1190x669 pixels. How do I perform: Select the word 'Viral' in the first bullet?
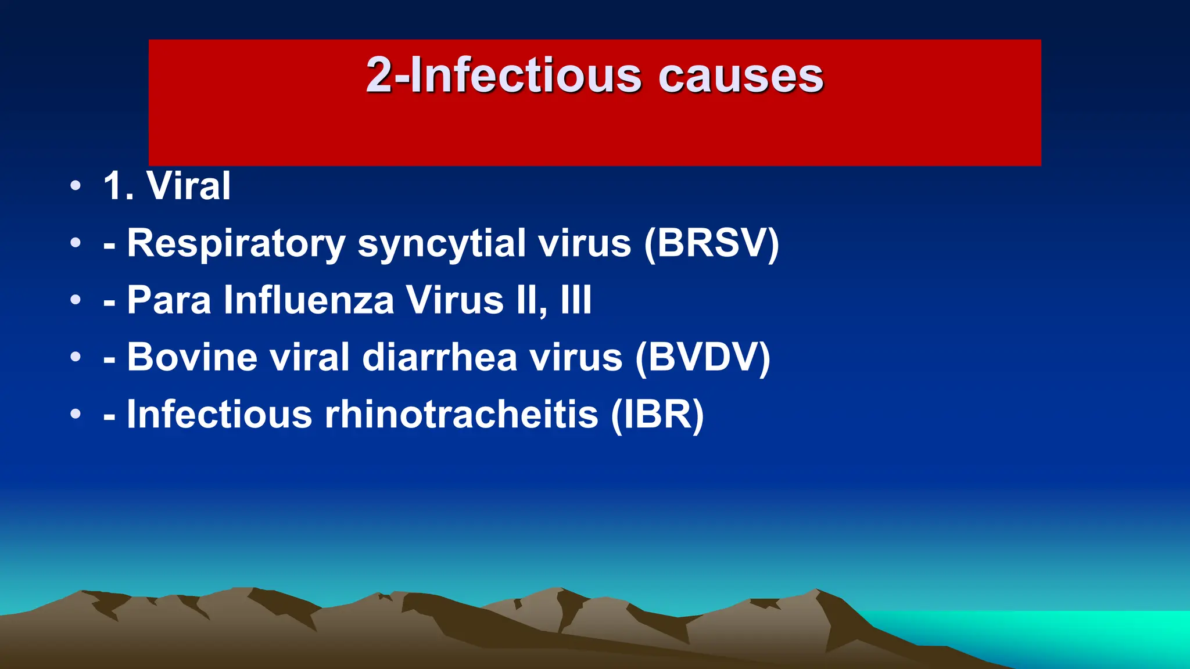click(x=189, y=186)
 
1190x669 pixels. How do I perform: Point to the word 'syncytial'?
click(x=442, y=244)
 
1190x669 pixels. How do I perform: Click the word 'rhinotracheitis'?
click(x=461, y=414)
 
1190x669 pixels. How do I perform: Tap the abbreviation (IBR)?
click(x=657, y=414)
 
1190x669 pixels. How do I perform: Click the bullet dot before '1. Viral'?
click(x=76, y=186)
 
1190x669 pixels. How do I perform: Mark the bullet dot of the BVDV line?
click(x=76, y=357)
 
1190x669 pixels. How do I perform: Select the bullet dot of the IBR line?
click(x=76, y=414)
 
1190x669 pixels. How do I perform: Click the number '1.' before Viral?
click(x=119, y=186)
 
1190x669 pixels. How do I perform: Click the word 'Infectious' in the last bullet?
click(x=220, y=414)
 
